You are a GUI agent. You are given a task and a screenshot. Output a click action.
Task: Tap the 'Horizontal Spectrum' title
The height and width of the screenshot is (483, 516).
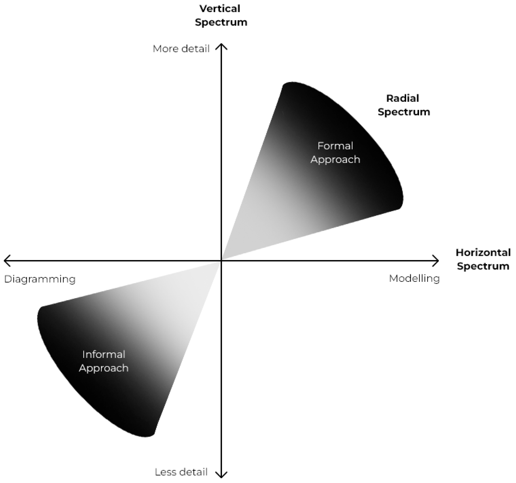click(x=483, y=259)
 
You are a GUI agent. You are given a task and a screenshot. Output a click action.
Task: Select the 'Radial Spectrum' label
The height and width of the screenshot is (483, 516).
click(x=404, y=105)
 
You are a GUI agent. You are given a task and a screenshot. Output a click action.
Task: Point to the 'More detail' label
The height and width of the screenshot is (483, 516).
click(x=181, y=49)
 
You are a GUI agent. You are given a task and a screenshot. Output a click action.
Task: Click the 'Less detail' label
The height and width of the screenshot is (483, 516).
click(x=181, y=472)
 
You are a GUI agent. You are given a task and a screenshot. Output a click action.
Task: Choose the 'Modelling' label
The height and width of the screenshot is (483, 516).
click(x=414, y=279)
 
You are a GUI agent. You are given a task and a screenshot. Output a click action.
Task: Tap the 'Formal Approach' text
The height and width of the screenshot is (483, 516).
click(x=335, y=152)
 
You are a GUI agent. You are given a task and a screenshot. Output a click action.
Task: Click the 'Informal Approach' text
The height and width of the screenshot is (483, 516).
click(x=104, y=361)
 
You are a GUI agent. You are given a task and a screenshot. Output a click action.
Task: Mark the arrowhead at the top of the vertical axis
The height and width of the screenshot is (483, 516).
click(x=221, y=46)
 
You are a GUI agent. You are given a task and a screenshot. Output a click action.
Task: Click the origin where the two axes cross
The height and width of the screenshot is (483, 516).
click(x=221, y=261)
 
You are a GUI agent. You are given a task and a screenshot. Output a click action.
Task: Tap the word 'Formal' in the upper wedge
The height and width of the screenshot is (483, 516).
click(x=335, y=146)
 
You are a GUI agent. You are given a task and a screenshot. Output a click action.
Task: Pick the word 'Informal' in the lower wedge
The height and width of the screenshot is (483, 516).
click(x=104, y=354)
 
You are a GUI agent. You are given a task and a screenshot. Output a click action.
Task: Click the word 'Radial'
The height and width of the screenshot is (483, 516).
click(x=403, y=98)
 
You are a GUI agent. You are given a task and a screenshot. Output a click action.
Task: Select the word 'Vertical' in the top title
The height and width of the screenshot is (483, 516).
click(x=220, y=9)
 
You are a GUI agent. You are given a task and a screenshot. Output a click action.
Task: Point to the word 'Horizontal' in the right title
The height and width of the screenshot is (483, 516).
click(x=483, y=252)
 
